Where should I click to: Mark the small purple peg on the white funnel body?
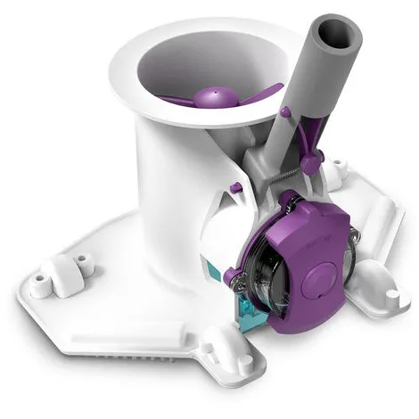pos(235,187)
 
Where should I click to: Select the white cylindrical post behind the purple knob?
pos(335,169)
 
